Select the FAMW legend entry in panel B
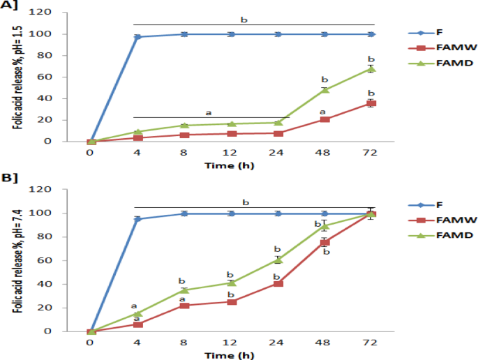tap(442, 220)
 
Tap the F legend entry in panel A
tap(426, 32)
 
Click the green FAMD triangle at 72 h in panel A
tap(371, 69)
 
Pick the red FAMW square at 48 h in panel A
tap(324, 119)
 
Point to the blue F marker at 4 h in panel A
tap(137, 37)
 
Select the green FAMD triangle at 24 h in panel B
tap(278, 260)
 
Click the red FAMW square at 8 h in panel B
tap(184, 306)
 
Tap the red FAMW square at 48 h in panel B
tap(324, 243)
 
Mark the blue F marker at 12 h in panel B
tap(232, 213)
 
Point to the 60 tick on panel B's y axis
tap(44, 261)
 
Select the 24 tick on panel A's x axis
tap(276, 152)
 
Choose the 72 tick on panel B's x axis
tap(370, 343)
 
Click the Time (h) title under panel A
tap(230, 166)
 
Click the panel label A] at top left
tap(9, 5)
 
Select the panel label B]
tap(10, 178)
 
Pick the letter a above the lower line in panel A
tap(209, 113)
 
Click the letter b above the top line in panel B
tap(246, 202)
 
